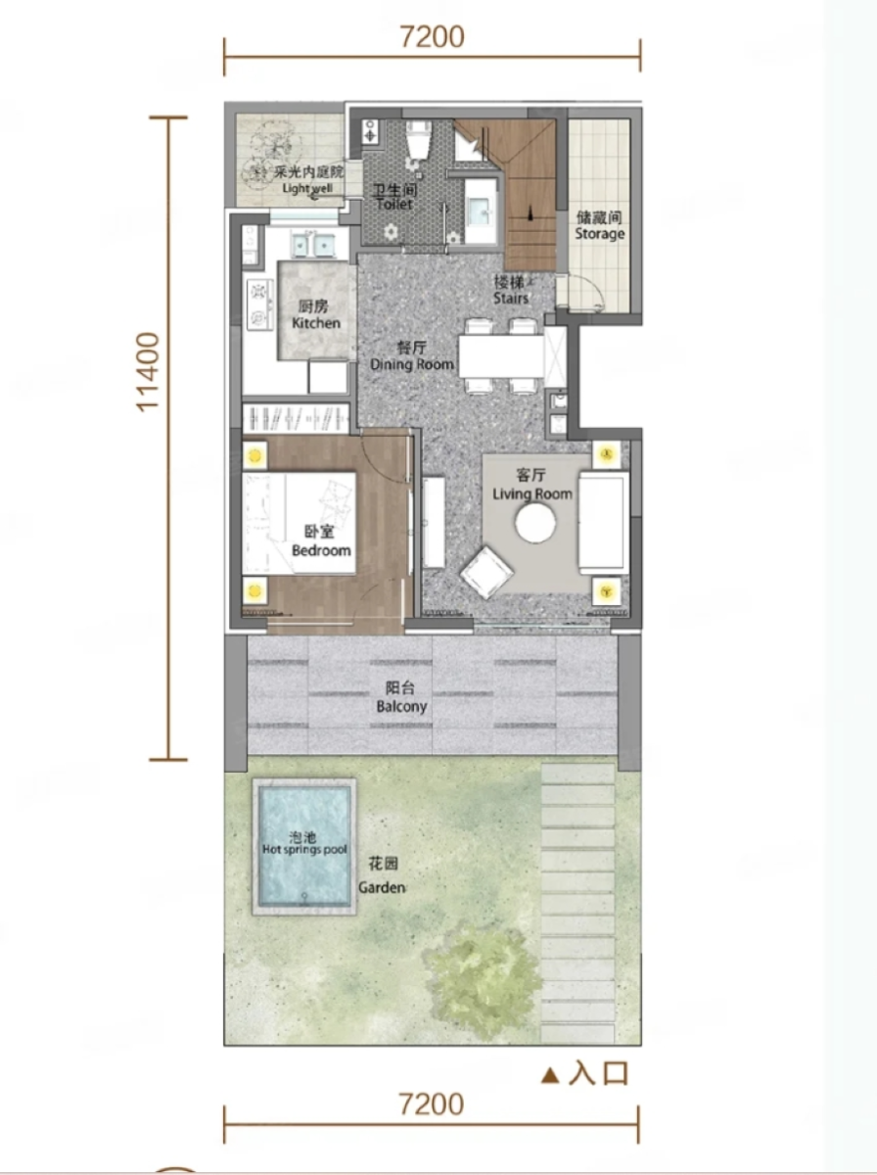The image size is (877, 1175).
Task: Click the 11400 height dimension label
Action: point(148,373)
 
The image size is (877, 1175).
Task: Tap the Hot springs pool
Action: point(304,847)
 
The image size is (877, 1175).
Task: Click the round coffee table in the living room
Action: point(535,523)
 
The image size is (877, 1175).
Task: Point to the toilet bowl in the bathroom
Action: point(418,142)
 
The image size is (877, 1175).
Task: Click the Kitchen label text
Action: point(316,323)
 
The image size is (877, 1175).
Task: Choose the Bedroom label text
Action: point(321,550)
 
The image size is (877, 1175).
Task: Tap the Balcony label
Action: point(401,707)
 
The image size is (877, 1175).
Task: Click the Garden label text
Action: point(382,887)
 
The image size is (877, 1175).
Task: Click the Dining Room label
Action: point(412,364)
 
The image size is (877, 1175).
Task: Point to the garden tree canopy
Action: point(482,980)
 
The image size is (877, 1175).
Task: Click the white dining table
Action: point(501,356)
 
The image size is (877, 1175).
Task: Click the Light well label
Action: point(307,188)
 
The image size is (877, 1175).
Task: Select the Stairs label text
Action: point(511,298)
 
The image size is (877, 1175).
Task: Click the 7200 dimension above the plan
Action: point(433,37)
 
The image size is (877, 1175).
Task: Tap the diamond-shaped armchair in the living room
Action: point(486,573)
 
